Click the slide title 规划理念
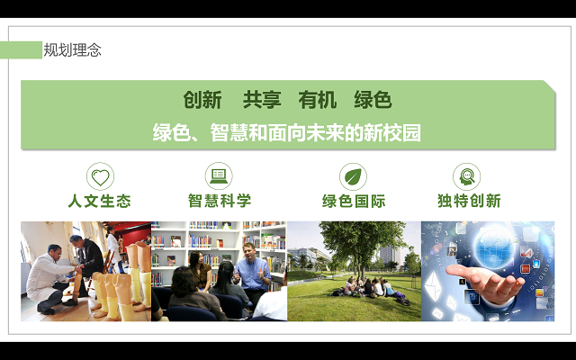72,50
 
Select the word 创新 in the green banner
202,100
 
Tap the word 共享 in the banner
262,100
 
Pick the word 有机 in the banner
318,100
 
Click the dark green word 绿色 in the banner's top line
373,100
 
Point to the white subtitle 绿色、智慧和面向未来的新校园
287,132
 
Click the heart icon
100,176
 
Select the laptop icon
219,176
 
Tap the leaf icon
353,176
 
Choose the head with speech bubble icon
466,176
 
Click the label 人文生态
100,201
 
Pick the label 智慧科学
220,201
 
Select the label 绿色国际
354,201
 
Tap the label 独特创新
469,201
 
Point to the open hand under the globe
485,282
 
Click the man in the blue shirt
253,270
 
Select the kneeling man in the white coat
51,279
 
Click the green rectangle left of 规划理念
21,50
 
